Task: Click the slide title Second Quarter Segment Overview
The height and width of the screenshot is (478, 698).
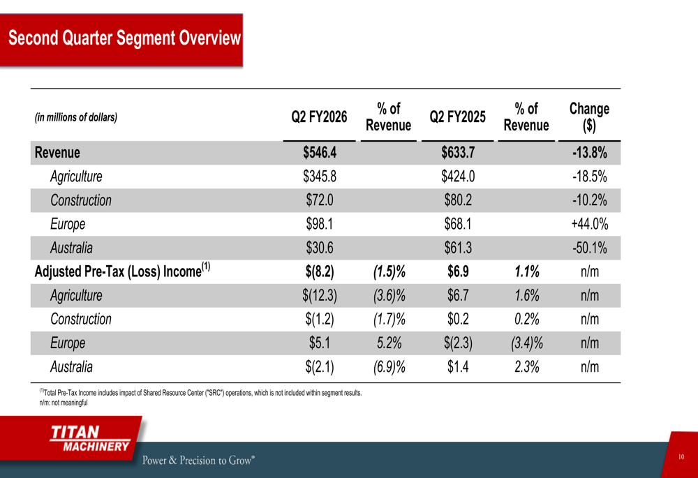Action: tap(124, 38)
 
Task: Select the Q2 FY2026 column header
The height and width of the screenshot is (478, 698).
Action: tap(319, 117)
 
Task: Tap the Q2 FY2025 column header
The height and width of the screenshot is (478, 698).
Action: tap(457, 117)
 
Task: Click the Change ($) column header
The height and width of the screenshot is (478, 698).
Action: tap(589, 117)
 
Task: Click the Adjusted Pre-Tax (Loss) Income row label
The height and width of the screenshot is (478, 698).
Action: tap(123, 271)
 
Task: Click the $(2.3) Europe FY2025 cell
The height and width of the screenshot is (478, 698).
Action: tap(458, 343)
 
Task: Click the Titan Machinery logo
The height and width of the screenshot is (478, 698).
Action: tap(89, 439)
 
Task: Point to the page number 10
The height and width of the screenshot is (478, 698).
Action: tap(681, 457)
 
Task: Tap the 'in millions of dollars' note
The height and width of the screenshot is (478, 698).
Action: tap(76, 117)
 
